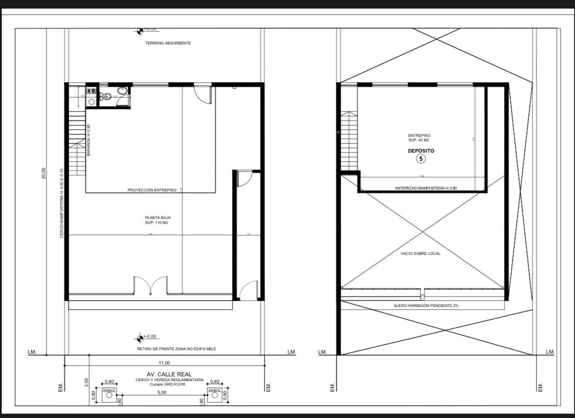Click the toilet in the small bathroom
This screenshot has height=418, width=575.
(x=105, y=96)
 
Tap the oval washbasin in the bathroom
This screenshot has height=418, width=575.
(x=122, y=91)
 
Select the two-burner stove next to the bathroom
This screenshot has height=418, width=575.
(x=91, y=91)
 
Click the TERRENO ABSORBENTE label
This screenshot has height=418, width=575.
(x=168, y=43)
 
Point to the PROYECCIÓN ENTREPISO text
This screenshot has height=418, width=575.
(x=152, y=190)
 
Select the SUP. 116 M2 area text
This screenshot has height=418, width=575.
(x=156, y=223)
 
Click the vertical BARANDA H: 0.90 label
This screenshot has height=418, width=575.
(x=89, y=140)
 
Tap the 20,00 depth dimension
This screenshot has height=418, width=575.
(x=43, y=173)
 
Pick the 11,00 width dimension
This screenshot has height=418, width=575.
(x=164, y=363)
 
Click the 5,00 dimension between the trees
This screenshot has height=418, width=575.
(x=162, y=392)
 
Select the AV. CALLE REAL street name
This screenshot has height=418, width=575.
(x=169, y=374)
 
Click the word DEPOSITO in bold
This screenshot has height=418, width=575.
(x=421, y=151)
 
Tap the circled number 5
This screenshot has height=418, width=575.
(x=421, y=159)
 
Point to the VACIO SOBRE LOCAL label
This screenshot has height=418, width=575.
(x=420, y=254)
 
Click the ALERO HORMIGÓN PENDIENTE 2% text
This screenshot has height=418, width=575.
(x=426, y=306)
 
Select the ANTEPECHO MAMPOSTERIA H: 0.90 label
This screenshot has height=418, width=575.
(x=426, y=188)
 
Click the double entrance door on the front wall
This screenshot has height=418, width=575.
(x=151, y=286)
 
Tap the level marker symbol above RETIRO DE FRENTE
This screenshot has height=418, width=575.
(x=140, y=339)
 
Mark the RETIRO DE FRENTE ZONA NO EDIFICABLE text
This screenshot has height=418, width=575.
(x=177, y=349)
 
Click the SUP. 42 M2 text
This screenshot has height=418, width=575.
(x=419, y=140)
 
